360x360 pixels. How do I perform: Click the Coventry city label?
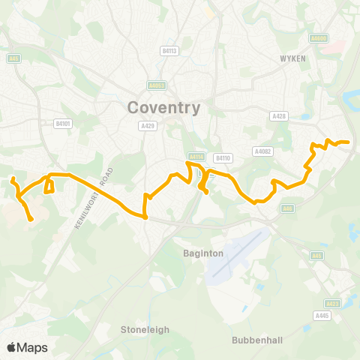164,107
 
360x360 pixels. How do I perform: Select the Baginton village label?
203,253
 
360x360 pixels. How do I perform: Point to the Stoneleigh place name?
145,329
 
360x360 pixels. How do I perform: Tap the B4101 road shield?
61,124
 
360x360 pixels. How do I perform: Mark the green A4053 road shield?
156,85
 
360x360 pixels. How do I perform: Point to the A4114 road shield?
196,157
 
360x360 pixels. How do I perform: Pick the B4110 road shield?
222,157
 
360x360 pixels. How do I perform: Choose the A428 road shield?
280,115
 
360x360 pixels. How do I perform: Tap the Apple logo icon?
12,347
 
